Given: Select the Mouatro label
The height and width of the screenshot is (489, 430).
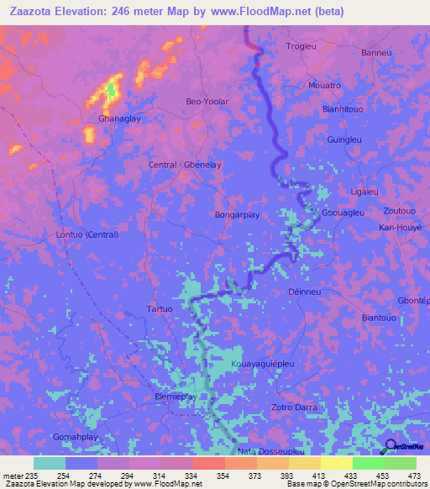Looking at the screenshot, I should point(324,86).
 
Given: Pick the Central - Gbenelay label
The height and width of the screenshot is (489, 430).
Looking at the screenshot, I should point(184,165).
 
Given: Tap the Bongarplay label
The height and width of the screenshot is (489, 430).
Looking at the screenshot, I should point(236,214).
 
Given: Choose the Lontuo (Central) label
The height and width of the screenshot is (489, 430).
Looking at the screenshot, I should point(87,234).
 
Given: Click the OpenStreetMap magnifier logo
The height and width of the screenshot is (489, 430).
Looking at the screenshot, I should point(391,447).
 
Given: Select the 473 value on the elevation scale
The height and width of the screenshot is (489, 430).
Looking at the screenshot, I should point(413,476).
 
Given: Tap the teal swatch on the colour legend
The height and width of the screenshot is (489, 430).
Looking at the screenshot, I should point(50,463).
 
